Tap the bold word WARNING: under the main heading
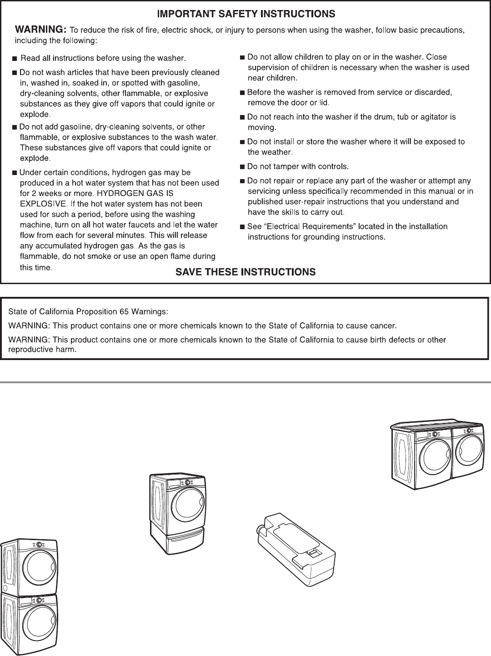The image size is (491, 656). (41, 30)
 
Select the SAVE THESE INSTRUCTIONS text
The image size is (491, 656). (245, 272)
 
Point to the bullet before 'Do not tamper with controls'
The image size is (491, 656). (242, 166)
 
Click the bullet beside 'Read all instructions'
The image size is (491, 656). (15, 59)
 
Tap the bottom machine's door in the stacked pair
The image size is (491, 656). (40, 625)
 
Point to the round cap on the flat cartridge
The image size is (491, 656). (262, 530)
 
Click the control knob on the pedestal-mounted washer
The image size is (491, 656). (187, 483)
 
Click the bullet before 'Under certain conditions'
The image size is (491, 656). (15, 173)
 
